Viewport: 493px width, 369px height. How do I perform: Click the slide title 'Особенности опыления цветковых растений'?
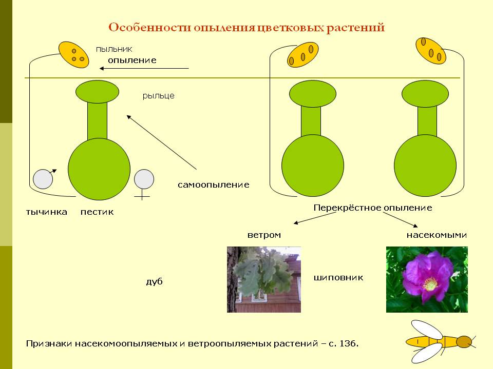tap(246, 27)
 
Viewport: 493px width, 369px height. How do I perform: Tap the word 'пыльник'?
tap(114, 49)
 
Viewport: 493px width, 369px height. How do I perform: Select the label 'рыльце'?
tap(158, 95)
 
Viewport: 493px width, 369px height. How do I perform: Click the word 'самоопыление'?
tap(214, 184)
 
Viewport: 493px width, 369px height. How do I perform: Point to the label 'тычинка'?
tap(47, 212)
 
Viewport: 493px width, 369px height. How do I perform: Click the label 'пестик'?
tap(97, 212)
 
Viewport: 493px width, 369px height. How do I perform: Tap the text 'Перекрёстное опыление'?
tap(372, 208)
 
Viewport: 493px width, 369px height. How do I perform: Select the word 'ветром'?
tap(264, 235)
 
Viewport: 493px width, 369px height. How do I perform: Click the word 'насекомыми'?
tap(437, 235)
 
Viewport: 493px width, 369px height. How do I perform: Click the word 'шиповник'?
tap(338, 278)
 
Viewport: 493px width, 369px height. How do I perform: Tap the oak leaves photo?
tap(264, 279)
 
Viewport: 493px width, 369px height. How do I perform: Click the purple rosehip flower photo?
tap(427, 279)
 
